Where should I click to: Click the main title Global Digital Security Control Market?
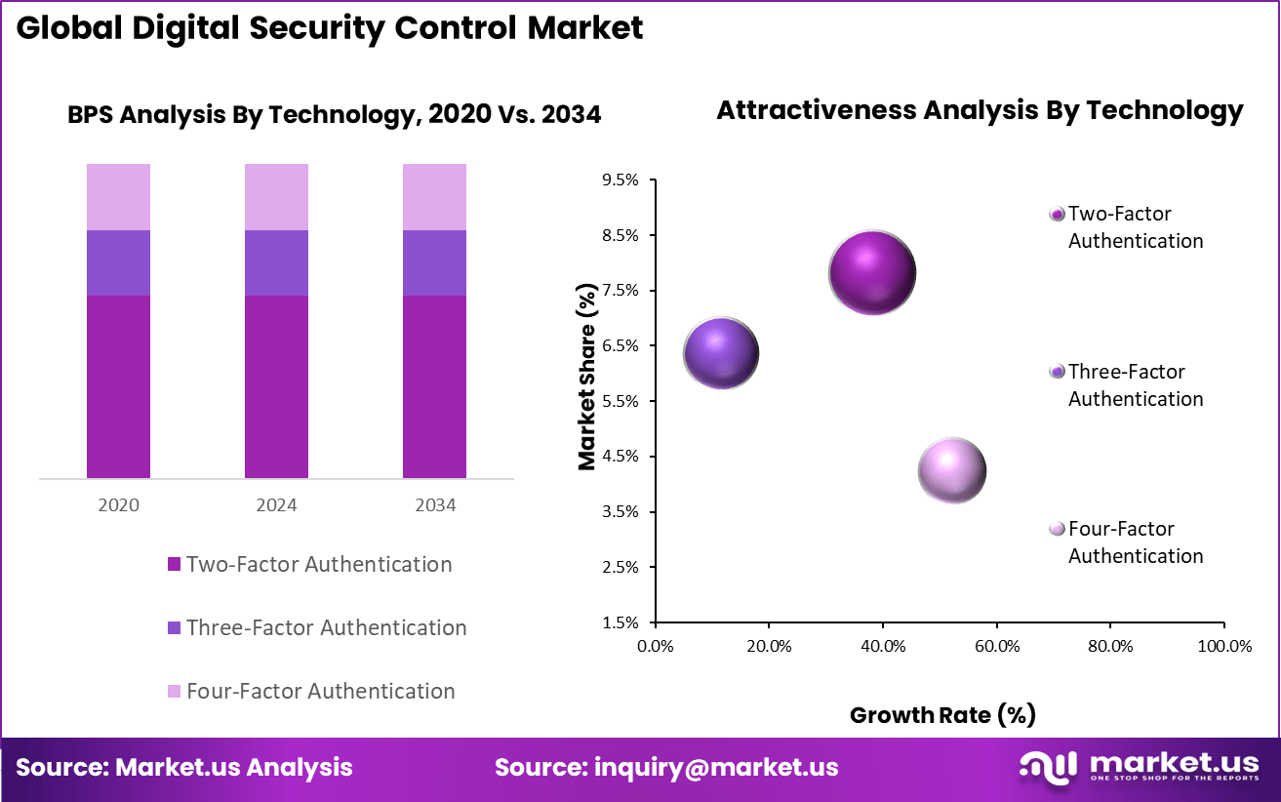(x=330, y=27)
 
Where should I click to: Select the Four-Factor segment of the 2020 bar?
(x=118, y=196)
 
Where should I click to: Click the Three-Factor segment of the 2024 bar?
(x=276, y=262)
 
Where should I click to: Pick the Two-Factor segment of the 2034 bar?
(x=434, y=386)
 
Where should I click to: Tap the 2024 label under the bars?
(x=276, y=505)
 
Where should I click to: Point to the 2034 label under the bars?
(x=434, y=505)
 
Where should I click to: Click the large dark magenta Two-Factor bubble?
(x=871, y=273)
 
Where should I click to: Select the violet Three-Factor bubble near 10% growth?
(x=721, y=352)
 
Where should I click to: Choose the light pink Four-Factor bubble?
(x=952, y=470)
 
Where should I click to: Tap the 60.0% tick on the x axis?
(x=996, y=646)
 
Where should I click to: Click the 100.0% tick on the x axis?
(x=1223, y=646)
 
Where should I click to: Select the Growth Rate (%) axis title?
(x=942, y=715)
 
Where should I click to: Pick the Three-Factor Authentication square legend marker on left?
(x=174, y=627)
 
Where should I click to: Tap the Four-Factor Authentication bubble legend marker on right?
(x=1056, y=529)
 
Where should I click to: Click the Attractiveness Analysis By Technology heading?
(x=980, y=110)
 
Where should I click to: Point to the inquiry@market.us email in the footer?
(x=716, y=767)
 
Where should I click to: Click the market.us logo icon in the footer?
(x=1048, y=766)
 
